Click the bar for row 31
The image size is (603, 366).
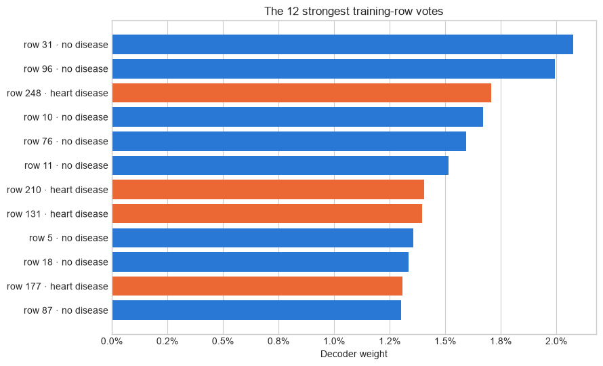coord(343,45)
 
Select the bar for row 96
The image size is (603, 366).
coord(333,69)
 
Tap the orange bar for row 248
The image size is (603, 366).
coord(301,93)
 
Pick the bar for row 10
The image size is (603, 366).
coord(297,117)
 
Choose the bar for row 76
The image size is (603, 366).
coord(289,141)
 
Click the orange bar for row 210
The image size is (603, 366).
coord(268,190)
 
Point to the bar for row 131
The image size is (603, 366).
coord(267,213)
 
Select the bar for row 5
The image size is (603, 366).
coord(263,238)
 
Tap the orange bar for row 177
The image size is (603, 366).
coord(257,286)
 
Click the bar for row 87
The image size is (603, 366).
coord(257,310)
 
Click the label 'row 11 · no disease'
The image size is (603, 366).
coord(66,165)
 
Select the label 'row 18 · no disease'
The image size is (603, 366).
coord(66,262)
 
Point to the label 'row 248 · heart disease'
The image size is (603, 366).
coord(58,93)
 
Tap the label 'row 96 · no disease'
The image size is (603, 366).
coord(66,69)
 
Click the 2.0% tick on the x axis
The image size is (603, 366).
coord(556,342)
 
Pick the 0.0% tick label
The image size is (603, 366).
coord(112,342)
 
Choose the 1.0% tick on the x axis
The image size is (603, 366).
coord(334,342)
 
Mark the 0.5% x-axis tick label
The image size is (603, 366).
coord(223,342)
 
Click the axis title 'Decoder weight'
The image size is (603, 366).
coord(354,354)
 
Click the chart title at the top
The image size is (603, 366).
coord(354,11)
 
